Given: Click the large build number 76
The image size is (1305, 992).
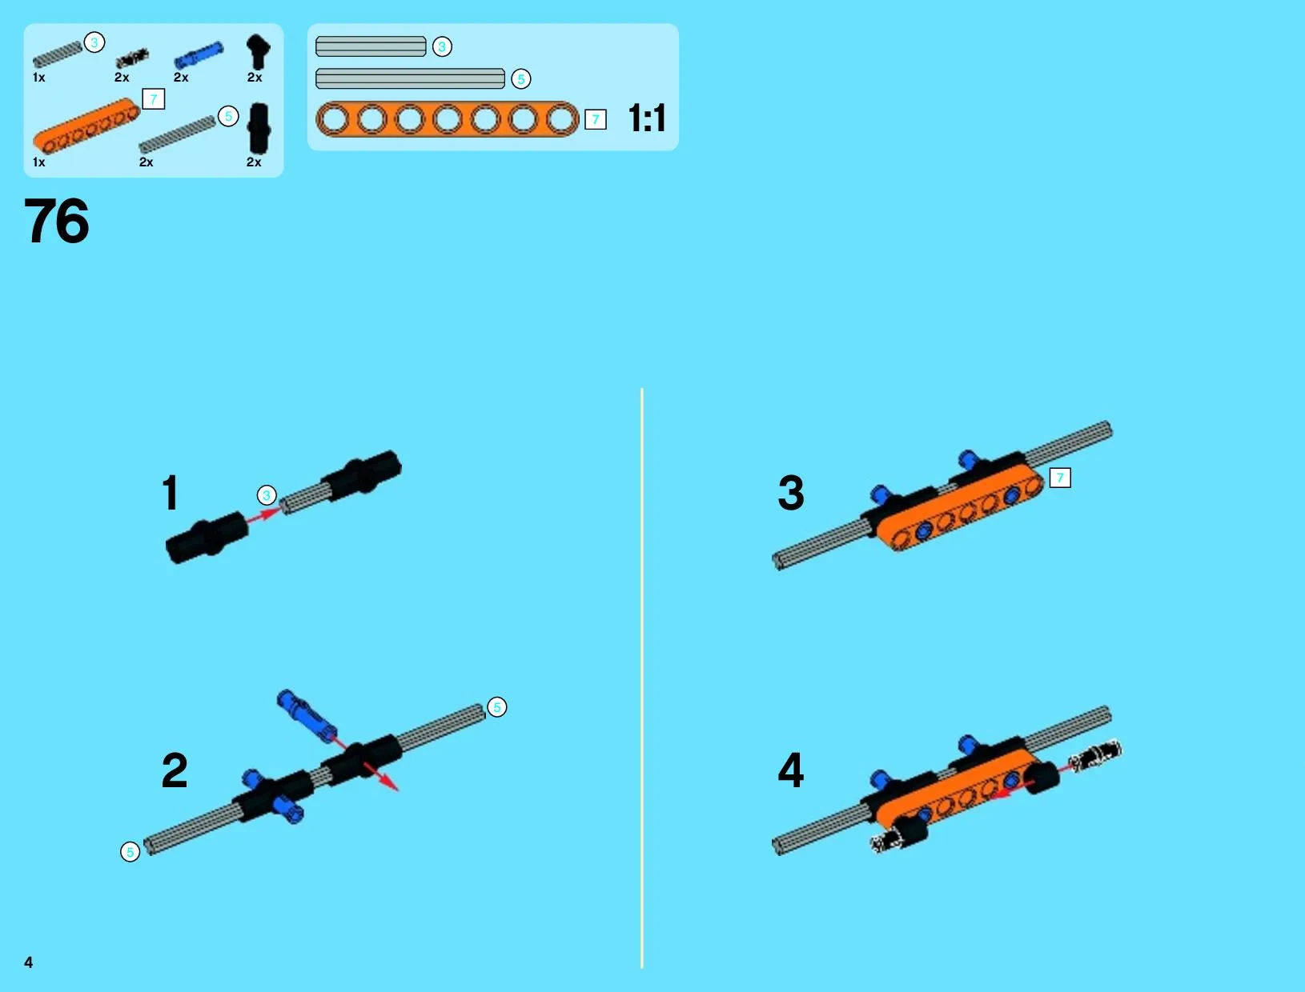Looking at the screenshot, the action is tap(57, 221).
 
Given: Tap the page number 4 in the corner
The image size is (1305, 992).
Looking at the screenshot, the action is tap(29, 962).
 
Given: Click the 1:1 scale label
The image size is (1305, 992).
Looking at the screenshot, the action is tap(647, 118).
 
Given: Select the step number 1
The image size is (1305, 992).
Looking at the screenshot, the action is tap(171, 493).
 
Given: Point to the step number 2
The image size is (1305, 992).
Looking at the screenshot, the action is tap(175, 770).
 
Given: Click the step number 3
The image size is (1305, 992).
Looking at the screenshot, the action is tap(791, 493).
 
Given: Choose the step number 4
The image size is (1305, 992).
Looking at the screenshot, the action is tap(791, 770).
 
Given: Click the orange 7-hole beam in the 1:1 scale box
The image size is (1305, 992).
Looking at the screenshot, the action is tap(447, 119).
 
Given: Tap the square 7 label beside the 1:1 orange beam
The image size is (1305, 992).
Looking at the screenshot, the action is tap(595, 119).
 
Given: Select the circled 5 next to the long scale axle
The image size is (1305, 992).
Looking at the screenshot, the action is tap(521, 79).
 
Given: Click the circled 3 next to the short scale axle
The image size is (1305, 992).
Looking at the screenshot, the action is tap(442, 46).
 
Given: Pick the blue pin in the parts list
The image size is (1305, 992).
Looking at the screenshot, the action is tap(199, 55).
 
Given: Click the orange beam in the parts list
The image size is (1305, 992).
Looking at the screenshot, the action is tap(86, 126).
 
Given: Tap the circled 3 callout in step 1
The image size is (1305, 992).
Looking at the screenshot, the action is tap(267, 495).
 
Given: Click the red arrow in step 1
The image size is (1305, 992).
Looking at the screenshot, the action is tap(262, 515).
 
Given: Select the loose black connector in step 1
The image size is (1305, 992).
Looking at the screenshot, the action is tap(207, 538).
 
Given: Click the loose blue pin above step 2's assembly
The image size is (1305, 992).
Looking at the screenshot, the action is tap(307, 716).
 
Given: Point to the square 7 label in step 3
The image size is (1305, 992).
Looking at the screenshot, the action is tap(1060, 478).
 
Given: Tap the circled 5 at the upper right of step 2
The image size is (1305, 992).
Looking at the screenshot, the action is tap(497, 707).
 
